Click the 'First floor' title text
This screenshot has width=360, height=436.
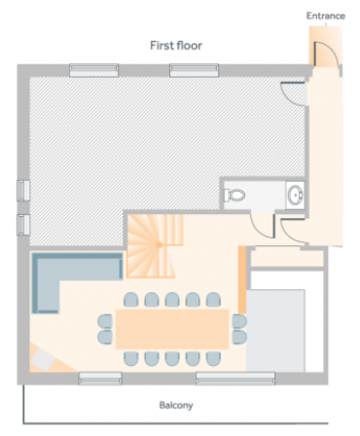176,46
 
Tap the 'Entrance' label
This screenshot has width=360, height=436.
326,16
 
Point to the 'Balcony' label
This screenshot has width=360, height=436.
176,405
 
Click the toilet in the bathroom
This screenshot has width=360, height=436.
234,195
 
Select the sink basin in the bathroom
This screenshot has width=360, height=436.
296,195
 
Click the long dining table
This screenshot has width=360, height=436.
172,329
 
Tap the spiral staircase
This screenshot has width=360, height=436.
154,245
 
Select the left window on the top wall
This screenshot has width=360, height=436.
93,70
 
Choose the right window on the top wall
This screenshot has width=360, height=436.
195,70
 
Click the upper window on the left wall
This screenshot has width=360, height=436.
23,191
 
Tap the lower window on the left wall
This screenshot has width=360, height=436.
23,225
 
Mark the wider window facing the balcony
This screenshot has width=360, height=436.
235,379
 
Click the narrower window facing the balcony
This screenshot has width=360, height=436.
100,379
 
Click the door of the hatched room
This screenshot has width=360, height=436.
293,94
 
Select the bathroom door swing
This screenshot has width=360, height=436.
263,226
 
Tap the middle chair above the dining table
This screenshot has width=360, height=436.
172,300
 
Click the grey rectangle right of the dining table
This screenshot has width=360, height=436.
275,331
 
